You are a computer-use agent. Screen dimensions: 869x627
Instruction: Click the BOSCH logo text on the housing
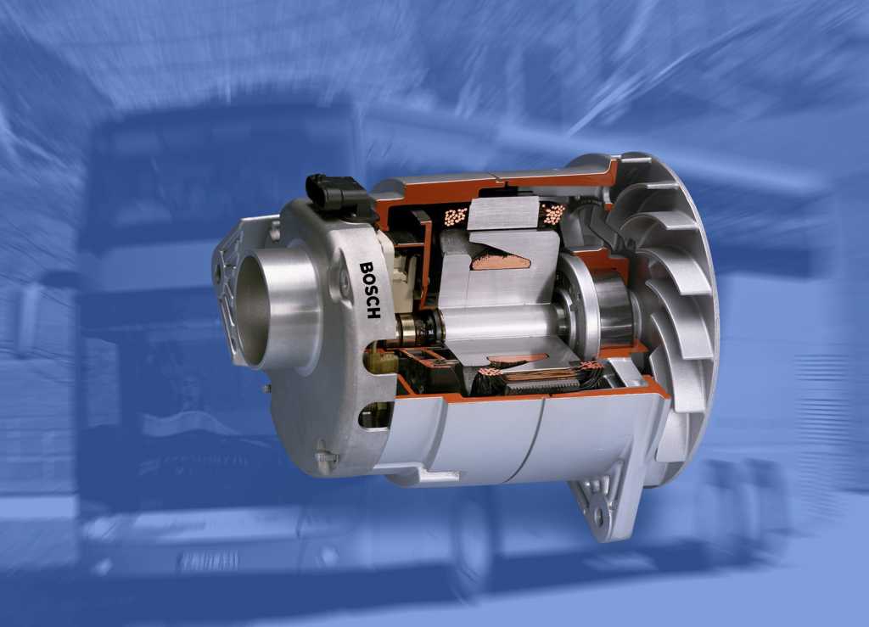(370, 289)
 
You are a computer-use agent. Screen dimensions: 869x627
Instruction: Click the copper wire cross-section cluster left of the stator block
(456, 216)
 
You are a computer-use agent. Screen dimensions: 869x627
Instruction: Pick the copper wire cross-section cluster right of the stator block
(553, 214)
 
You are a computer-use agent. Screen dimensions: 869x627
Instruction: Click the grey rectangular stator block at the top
(505, 213)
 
